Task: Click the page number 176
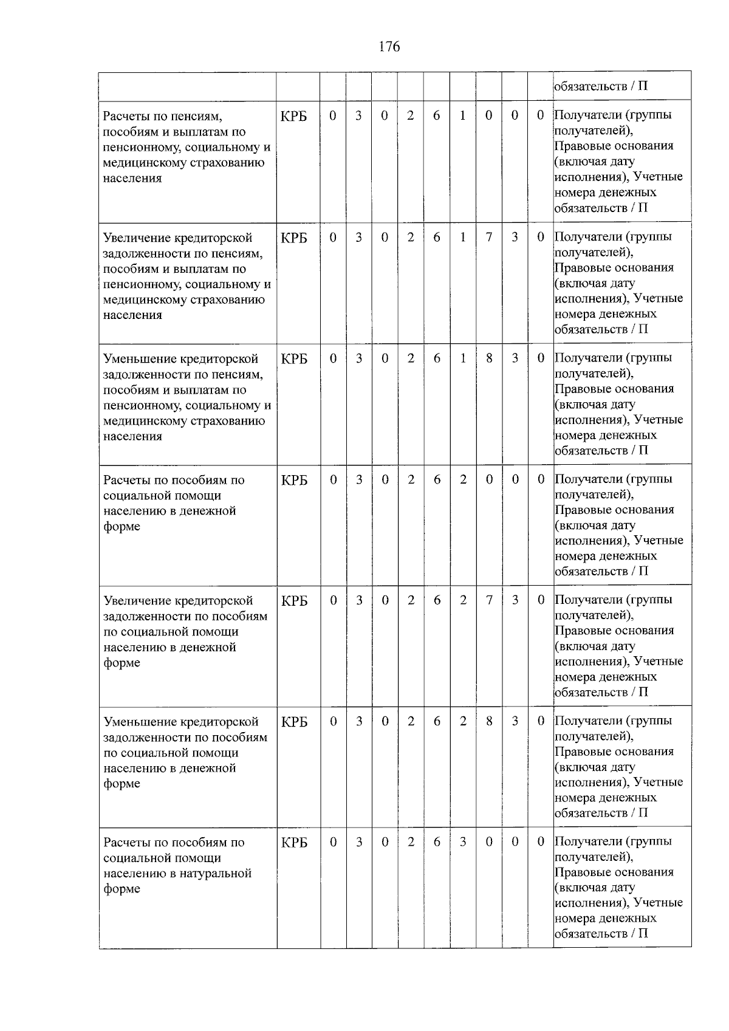point(389,47)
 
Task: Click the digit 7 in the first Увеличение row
point(488,237)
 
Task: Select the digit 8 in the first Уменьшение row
point(488,358)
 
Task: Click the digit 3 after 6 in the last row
point(463,843)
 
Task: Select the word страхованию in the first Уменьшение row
point(228,421)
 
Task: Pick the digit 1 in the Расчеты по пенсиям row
point(463,115)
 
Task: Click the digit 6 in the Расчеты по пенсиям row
point(437,115)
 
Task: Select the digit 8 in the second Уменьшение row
point(488,722)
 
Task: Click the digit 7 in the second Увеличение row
point(488,600)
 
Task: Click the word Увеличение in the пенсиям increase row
point(136,238)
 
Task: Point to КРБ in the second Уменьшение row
point(295,722)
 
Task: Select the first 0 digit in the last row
point(333,843)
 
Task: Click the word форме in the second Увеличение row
point(122,663)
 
